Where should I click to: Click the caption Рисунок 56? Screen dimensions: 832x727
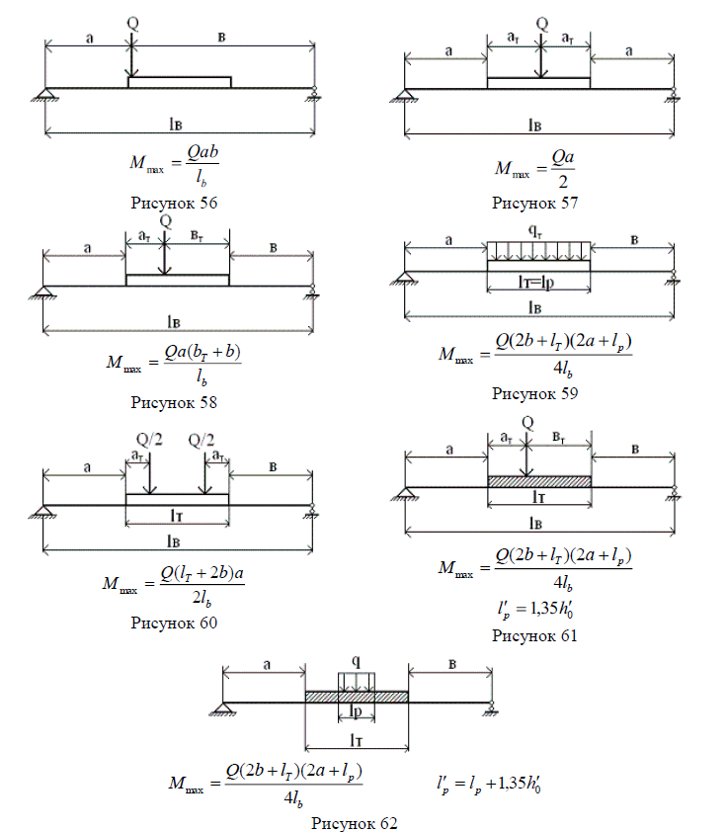click(174, 203)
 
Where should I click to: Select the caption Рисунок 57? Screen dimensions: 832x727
click(534, 204)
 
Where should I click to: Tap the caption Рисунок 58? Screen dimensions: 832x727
click(174, 402)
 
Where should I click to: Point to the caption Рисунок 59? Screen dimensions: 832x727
click(534, 393)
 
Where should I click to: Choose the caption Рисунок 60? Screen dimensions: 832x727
click(174, 623)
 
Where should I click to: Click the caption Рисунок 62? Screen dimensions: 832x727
click(355, 822)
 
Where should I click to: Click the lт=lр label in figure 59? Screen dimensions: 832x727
click(538, 284)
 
